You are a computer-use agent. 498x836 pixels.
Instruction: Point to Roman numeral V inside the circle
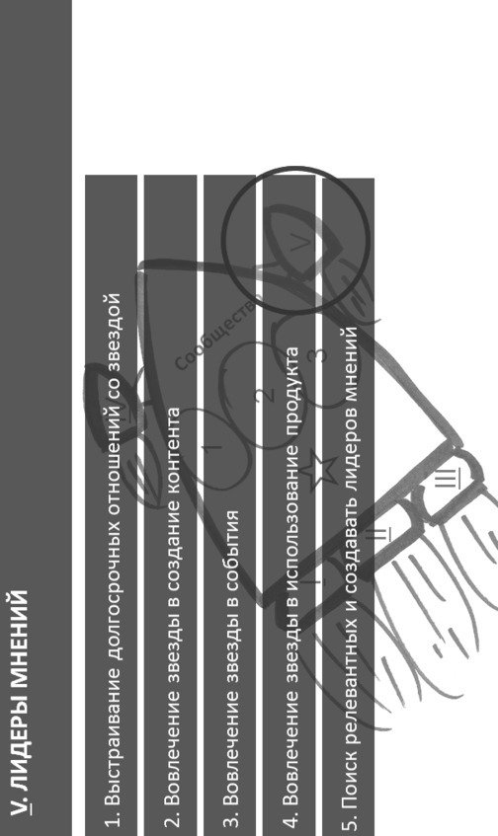click(x=300, y=243)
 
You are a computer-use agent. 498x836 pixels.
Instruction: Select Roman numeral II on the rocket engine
click(x=379, y=534)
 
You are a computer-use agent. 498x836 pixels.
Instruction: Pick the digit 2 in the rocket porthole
click(x=265, y=395)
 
